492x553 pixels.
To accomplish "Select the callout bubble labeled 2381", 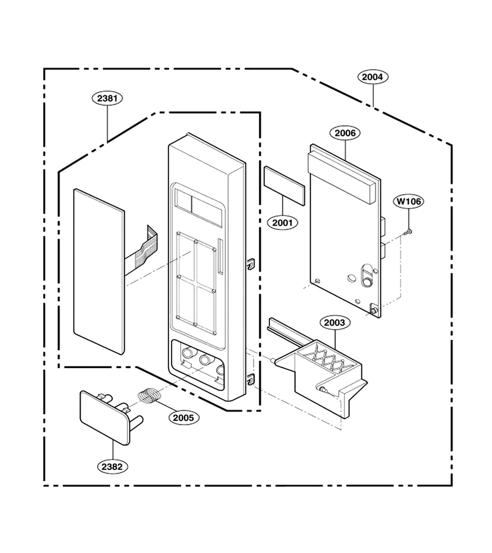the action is click(x=107, y=98).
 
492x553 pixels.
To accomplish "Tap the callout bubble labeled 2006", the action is click(x=345, y=133).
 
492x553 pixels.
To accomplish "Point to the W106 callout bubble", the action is click(x=409, y=202).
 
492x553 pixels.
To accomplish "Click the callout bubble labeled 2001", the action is click(x=282, y=222).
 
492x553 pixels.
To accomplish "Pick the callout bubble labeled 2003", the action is click(x=334, y=323).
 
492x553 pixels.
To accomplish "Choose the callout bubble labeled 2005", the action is click(x=183, y=418).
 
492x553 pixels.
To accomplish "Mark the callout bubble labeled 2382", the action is click(x=112, y=466).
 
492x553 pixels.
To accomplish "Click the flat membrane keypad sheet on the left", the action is click(x=99, y=271).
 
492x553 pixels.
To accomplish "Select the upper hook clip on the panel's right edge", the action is click(x=250, y=264).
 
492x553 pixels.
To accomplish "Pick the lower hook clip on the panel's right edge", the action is click(x=250, y=378).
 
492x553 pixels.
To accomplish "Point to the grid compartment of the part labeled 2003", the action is click(x=325, y=359).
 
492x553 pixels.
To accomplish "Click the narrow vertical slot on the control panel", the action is click(x=221, y=256).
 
